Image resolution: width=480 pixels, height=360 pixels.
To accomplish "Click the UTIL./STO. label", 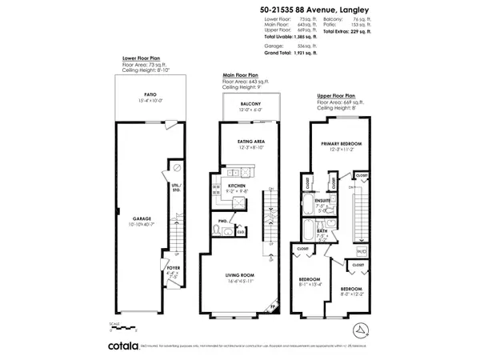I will [176, 188].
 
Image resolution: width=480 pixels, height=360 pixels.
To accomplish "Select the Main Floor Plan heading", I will [242, 74].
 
